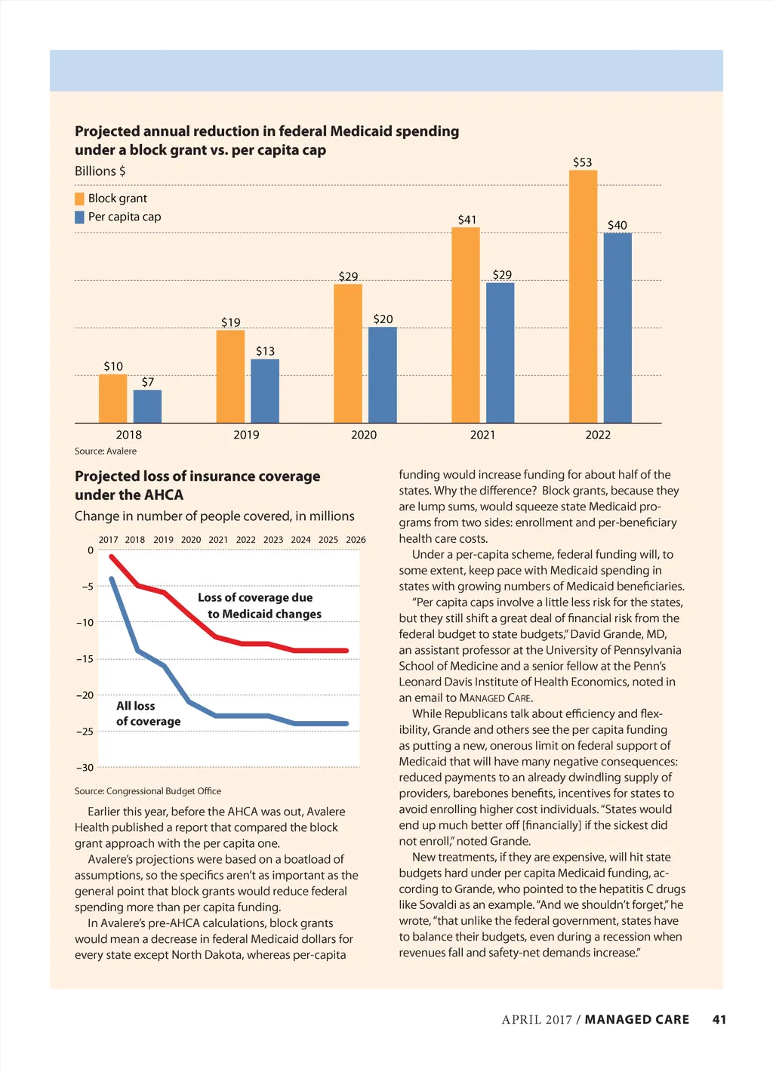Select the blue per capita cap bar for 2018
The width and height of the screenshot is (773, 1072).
pyautogui.click(x=147, y=406)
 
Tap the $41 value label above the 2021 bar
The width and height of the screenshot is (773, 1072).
pyautogui.click(x=467, y=220)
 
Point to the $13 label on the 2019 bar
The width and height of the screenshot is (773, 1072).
pyautogui.click(x=265, y=351)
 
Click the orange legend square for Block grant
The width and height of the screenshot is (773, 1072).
pyautogui.click(x=79, y=199)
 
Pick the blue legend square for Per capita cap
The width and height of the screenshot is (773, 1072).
pyautogui.click(x=79, y=217)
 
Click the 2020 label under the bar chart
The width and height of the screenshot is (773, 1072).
pyautogui.click(x=364, y=435)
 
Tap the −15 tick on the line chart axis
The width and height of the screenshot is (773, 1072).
pyautogui.click(x=85, y=659)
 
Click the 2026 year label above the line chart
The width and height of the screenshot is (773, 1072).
pyautogui.click(x=356, y=540)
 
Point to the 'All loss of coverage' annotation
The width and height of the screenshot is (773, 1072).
pyautogui.click(x=148, y=713)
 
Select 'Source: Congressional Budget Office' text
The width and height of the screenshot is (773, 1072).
pyautogui.click(x=148, y=791)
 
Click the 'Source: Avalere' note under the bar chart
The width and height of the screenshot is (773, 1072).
pyautogui.click(x=106, y=451)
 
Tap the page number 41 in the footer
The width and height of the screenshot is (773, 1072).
pyautogui.click(x=719, y=1019)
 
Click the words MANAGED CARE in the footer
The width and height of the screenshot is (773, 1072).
pyautogui.click(x=636, y=1019)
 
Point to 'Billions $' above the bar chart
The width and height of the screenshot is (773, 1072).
pyautogui.click(x=100, y=171)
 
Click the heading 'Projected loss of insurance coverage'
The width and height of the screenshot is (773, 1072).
pyautogui.click(x=197, y=476)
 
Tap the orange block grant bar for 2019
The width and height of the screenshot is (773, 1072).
pyautogui.click(x=230, y=376)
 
